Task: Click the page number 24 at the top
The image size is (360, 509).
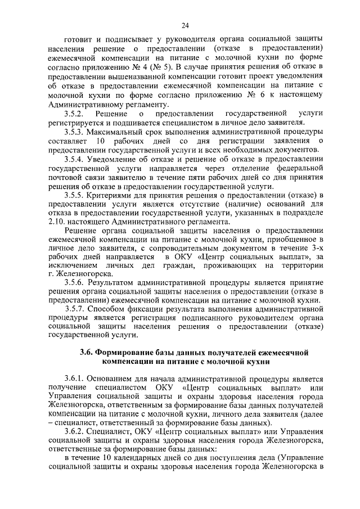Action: tap(185, 25)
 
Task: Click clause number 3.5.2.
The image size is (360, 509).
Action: tap(76, 115)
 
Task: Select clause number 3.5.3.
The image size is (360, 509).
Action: tap(76, 132)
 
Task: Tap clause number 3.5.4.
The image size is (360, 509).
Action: tap(76, 159)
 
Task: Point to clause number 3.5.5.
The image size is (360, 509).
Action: tap(76, 194)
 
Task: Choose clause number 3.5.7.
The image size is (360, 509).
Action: tap(76, 309)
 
